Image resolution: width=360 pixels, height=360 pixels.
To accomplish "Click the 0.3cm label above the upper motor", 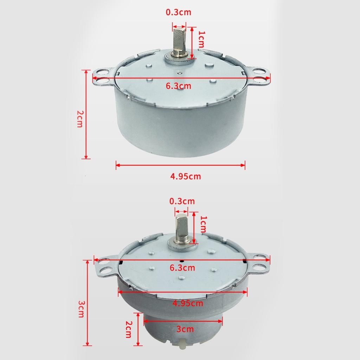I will coord(178,12).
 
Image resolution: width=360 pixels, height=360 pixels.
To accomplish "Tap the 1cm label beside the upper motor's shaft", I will coord(201,40).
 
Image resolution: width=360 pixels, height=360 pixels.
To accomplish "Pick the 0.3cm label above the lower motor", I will coord(182,201).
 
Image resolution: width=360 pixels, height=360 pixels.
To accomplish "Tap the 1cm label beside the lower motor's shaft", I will coord(203,224).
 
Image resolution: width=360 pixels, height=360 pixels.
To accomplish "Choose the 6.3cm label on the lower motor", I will coord(182,268).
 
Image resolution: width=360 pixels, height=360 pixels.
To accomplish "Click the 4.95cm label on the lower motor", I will coord(188,303).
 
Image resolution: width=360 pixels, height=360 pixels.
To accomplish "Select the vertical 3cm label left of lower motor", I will coord(81,309).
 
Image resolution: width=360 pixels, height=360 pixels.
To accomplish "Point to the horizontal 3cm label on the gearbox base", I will coord(185,329).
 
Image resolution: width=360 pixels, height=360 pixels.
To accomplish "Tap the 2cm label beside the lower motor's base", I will coord(129,329).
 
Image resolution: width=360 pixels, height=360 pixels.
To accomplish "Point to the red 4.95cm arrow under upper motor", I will coord(180,164).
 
